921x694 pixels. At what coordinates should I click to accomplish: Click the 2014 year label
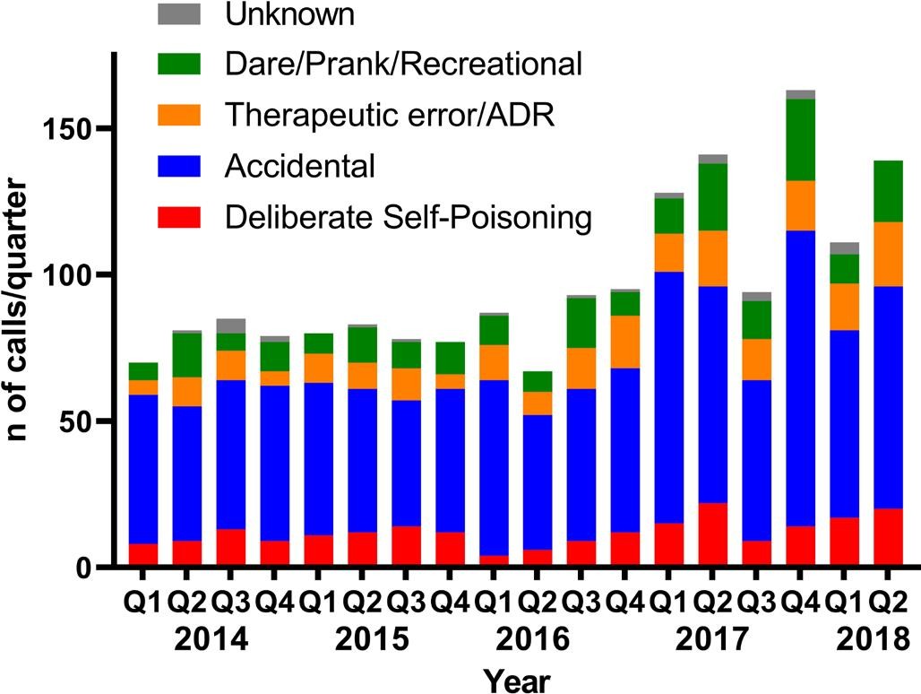click(x=211, y=640)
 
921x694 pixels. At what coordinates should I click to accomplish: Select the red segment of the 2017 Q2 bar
click(x=712, y=534)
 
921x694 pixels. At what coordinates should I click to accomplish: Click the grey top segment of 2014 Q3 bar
click(x=231, y=325)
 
